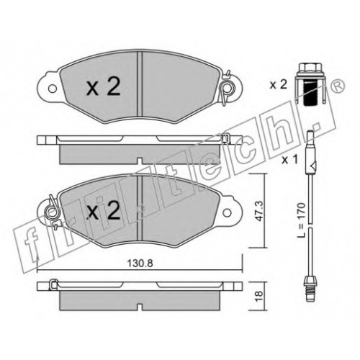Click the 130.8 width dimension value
click(140, 264)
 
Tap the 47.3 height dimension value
click(259, 211)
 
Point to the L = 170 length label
click(301, 220)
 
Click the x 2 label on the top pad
click(103, 88)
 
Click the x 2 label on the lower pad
click(103, 211)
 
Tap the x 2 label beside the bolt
click(279, 85)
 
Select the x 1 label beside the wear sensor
click(289, 160)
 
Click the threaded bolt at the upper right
click(310, 84)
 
